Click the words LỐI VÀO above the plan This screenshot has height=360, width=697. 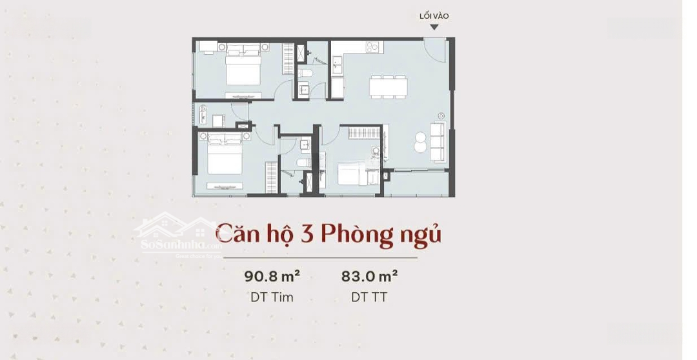coord(434,16)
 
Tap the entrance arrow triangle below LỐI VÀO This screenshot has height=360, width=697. coord(434,27)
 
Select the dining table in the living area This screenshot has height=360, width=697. coord(388,86)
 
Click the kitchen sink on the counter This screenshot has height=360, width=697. coord(338,64)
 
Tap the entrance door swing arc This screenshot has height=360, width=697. coord(434,49)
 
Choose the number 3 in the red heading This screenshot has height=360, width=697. coord(307,234)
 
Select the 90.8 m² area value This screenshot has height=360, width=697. coord(272,277)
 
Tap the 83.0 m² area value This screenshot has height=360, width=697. coord(369,277)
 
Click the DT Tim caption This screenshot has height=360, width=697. coord(272,297)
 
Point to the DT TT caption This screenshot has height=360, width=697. coord(369,297)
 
